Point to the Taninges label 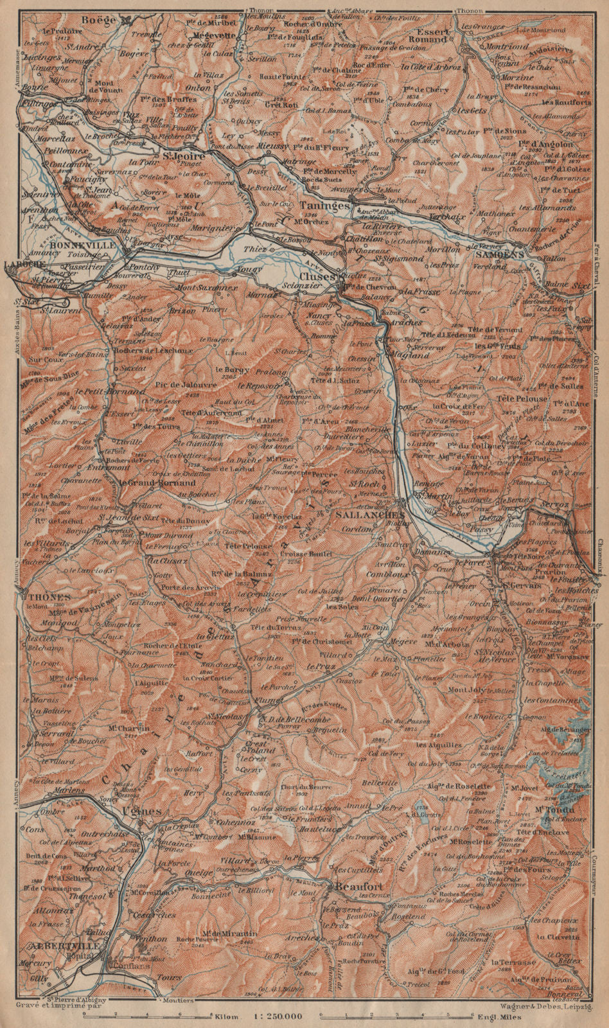pyautogui.click(x=324, y=206)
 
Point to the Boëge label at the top pyautogui.click(x=99, y=21)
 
